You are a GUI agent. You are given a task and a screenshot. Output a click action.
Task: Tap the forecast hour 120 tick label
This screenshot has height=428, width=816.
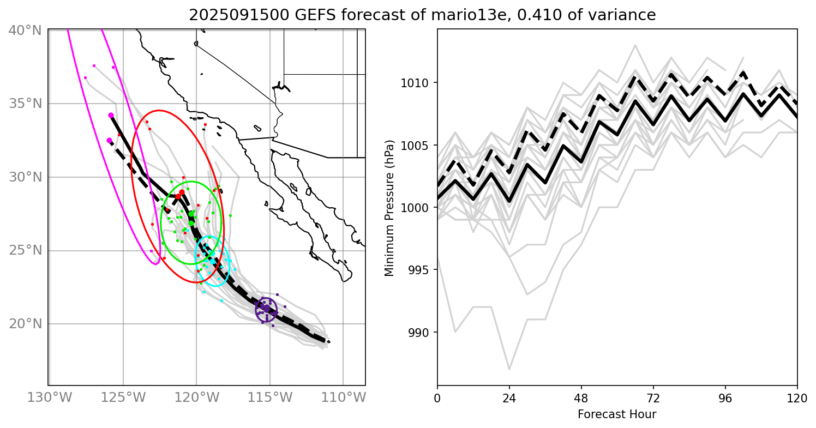click(x=797, y=397)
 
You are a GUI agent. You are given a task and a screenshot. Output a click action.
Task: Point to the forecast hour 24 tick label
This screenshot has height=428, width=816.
click(x=509, y=397)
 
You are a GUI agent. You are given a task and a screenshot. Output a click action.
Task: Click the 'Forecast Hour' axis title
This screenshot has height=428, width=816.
click(x=617, y=414)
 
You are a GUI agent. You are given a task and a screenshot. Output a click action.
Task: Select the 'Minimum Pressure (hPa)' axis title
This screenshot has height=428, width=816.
click(x=389, y=207)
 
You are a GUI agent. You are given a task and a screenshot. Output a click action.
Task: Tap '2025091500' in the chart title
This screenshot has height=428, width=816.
click(x=229, y=15)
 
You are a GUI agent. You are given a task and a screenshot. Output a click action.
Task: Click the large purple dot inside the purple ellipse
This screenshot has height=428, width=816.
click(x=266, y=309)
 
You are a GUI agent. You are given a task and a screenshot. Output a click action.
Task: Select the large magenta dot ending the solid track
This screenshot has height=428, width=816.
click(x=111, y=116)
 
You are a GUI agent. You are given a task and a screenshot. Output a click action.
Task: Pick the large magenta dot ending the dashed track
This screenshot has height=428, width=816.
click(x=109, y=140)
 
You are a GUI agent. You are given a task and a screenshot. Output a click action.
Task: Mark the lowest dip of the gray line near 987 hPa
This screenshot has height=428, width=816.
click(x=509, y=369)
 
